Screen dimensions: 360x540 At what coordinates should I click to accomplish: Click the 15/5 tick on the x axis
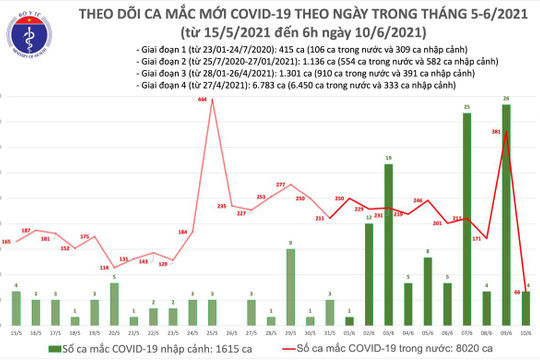[15, 332]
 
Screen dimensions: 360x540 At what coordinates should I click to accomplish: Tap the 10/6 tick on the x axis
[527, 332]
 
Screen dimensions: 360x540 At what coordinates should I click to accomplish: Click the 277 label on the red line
[281, 185]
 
